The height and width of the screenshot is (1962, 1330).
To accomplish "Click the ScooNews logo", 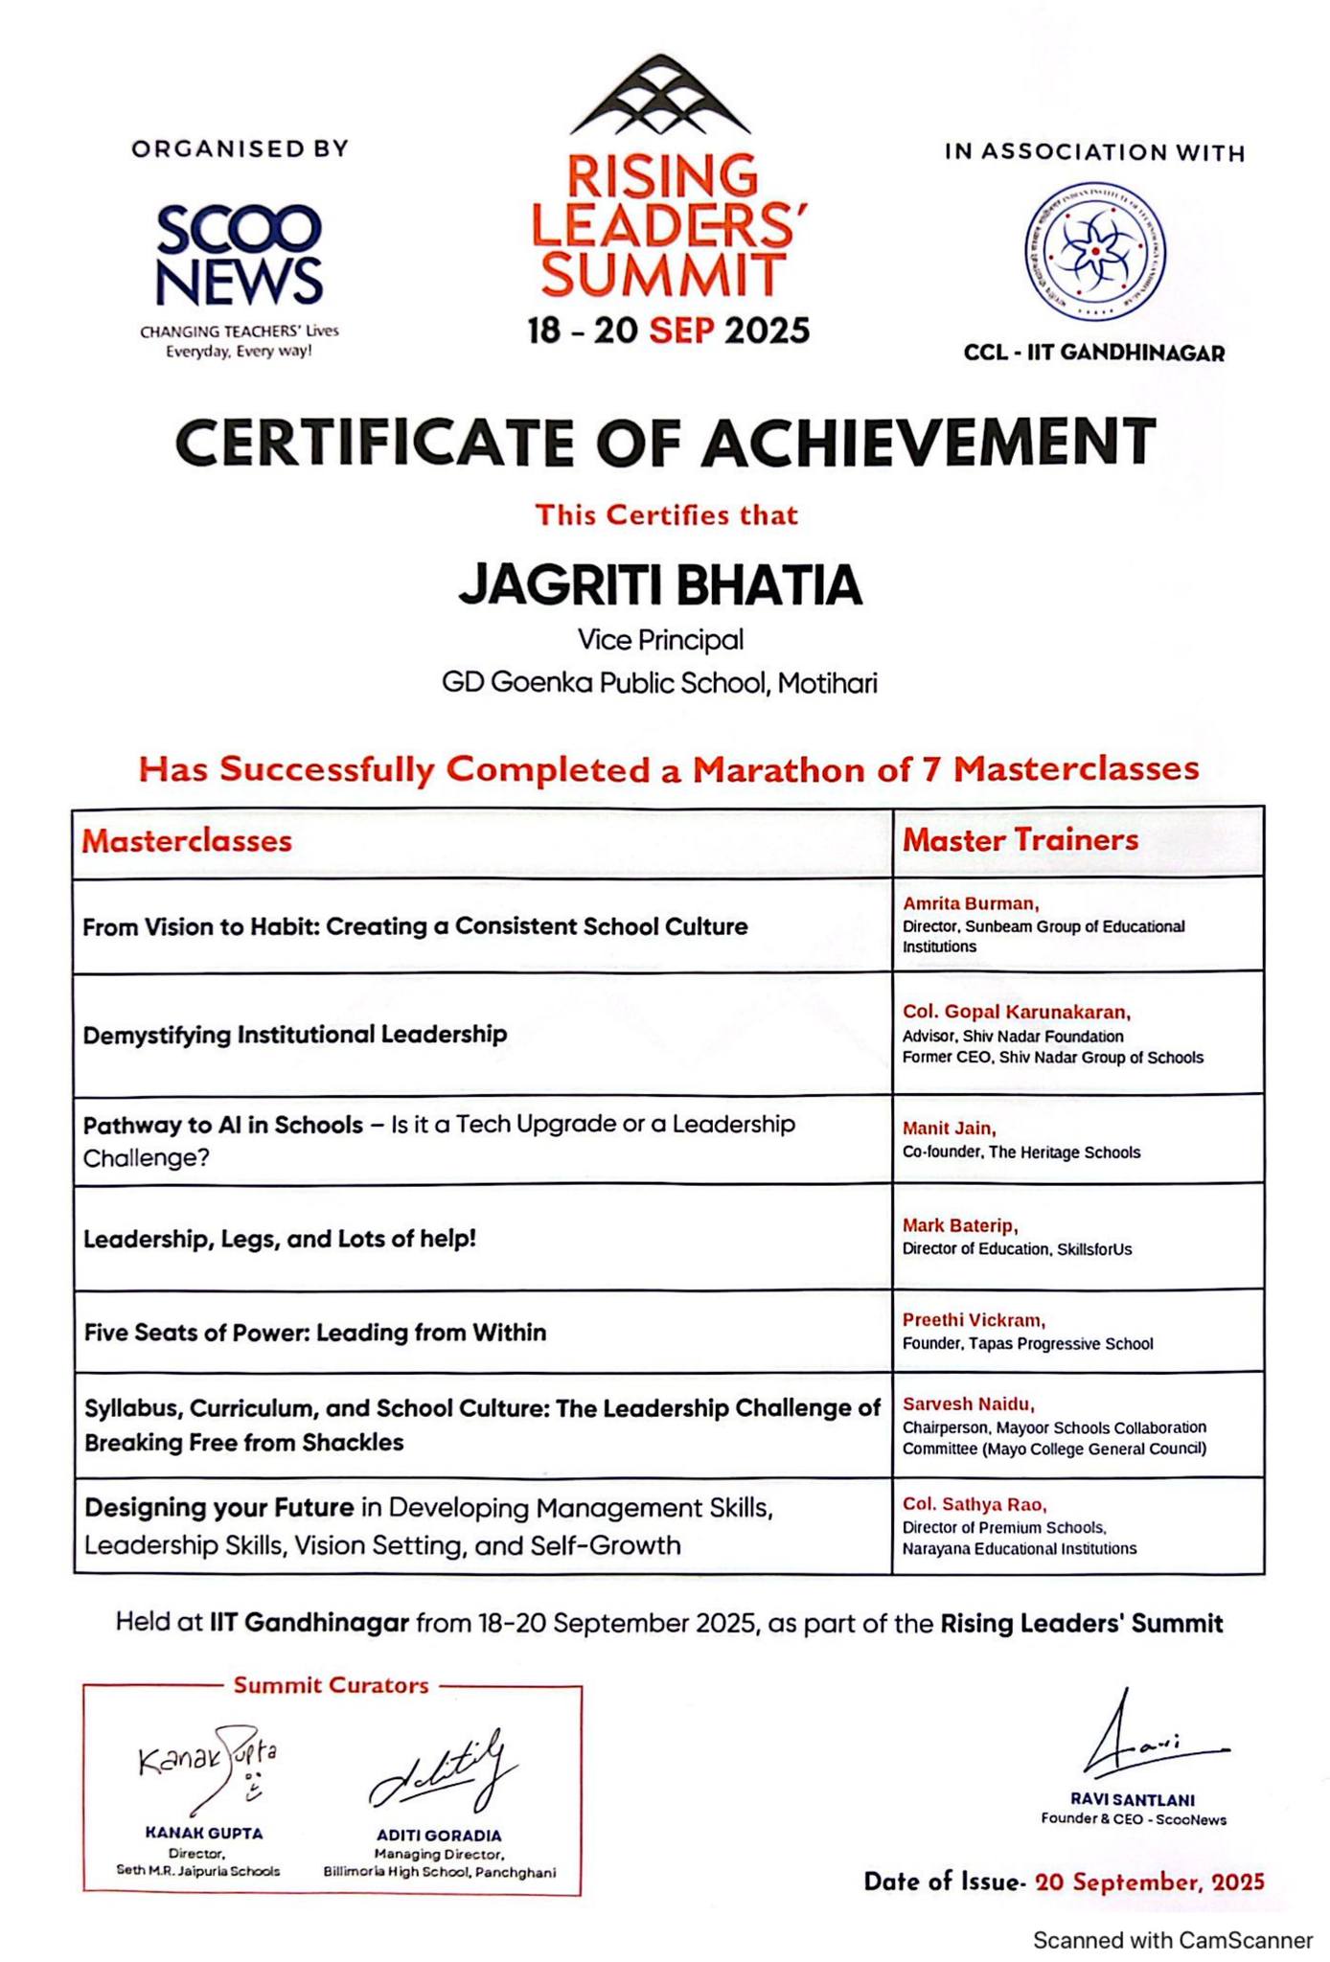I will (x=239, y=254).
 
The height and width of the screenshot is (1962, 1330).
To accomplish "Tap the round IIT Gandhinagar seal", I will (x=1095, y=252).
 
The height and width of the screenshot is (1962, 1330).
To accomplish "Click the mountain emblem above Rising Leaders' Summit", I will (x=660, y=96).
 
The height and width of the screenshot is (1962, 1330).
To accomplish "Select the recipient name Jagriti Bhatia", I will (x=660, y=585).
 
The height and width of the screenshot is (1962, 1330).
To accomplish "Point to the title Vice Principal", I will (x=660, y=639).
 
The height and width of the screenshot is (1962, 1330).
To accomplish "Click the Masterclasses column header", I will (x=187, y=841).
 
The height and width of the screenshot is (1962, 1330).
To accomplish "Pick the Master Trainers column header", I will (x=1020, y=840).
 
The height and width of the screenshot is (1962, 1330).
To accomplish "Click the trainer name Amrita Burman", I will (x=970, y=903).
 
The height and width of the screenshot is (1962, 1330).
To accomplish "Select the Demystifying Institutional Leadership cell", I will (x=295, y=1035).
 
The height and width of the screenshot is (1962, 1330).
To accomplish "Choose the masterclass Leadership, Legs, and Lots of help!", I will (x=280, y=1239).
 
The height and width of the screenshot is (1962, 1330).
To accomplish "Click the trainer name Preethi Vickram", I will (x=974, y=1320).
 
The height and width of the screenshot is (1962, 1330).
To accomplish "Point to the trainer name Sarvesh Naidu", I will (x=968, y=1404).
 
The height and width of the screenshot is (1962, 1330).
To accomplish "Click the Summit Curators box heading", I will (x=331, y=1685).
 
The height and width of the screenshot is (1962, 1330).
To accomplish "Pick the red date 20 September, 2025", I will (x=1149, y=1882).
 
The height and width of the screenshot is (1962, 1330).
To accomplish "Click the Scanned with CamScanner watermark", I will (x=1172, y=1940).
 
